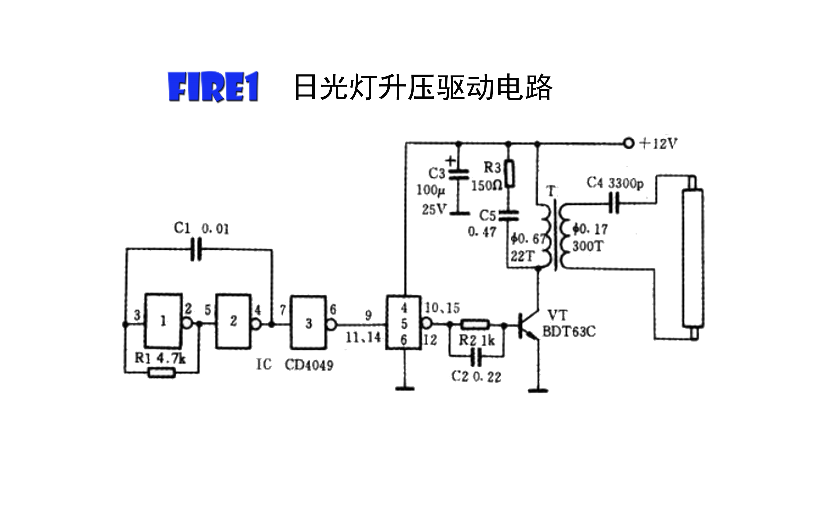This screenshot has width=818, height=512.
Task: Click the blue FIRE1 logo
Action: point(213,87)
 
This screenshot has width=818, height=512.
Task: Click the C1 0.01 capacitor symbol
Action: point(196,249)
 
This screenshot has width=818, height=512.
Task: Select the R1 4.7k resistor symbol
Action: point(162,373)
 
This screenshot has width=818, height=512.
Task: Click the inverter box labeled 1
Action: point(163,321)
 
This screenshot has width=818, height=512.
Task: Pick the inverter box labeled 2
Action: point(234,321)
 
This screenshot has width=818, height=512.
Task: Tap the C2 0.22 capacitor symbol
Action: point(476,357)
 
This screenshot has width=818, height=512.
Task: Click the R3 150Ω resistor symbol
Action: point(510,174)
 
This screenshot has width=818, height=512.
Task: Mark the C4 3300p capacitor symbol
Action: point(613,203)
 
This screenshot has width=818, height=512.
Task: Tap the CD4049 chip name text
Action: point(309,365)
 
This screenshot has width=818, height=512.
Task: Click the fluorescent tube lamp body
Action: point(693,257)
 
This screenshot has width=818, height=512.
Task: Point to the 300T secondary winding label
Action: point(587,246)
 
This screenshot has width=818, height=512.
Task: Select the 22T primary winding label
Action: point(522,256)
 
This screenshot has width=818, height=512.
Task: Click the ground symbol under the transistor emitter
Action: point(538,391)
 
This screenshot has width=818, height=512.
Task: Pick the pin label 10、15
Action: point(442,308)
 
